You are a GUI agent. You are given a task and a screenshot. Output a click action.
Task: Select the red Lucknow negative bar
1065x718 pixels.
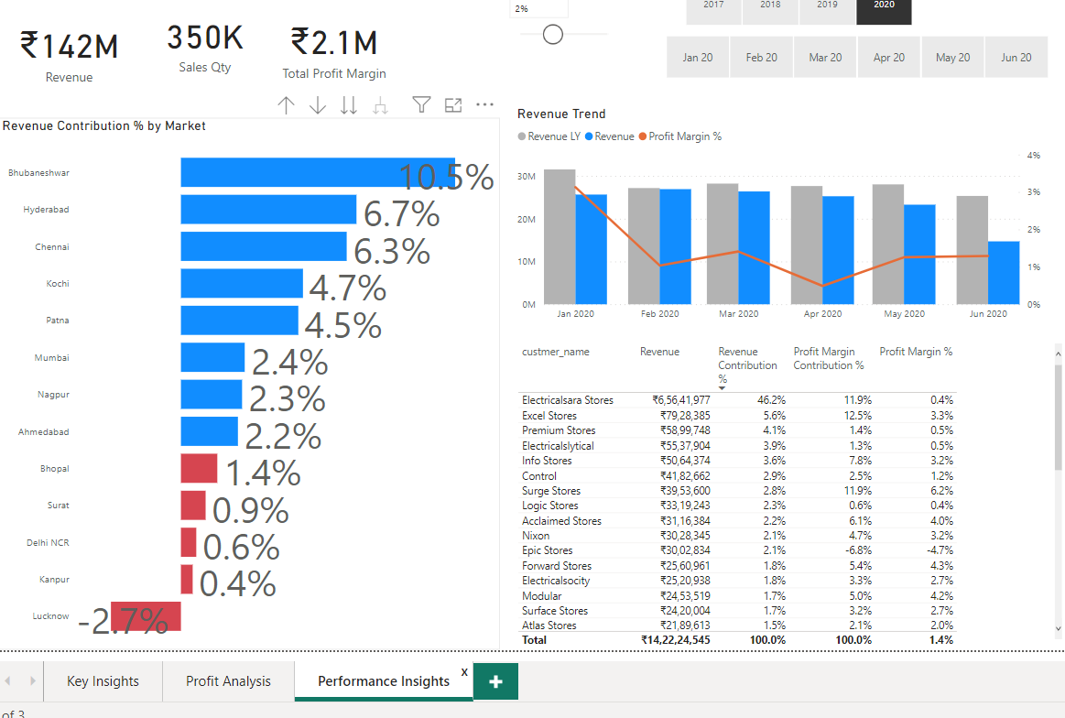(147, 616)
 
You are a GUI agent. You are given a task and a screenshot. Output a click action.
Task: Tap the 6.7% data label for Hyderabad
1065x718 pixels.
(401, 214)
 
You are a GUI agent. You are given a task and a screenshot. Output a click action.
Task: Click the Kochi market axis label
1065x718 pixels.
(58, 284)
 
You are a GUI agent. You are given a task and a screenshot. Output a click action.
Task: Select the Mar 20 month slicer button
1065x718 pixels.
(825, 58)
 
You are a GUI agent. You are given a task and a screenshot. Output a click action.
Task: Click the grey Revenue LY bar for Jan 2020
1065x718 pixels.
(559, 236)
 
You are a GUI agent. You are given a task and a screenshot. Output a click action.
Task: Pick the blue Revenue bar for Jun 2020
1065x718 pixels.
(1004, 272)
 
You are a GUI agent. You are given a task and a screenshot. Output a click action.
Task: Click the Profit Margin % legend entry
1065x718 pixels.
(684, 136)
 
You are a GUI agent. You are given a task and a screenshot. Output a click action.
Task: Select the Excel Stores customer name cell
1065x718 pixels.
(549, 416)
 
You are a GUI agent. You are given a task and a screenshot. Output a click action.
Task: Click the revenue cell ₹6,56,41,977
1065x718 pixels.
(680, 400)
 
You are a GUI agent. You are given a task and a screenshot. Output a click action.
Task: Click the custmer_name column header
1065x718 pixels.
(555, 352)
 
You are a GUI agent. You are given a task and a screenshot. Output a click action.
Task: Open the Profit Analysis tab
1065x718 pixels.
(228, 681)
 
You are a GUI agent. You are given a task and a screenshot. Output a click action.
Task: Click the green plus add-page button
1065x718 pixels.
(495, 681)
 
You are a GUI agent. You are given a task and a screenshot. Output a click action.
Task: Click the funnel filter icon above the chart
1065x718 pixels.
(420, 105)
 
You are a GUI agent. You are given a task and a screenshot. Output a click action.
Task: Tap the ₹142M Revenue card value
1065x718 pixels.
(70, 46)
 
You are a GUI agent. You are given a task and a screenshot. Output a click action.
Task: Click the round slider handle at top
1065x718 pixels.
(552, 35)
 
